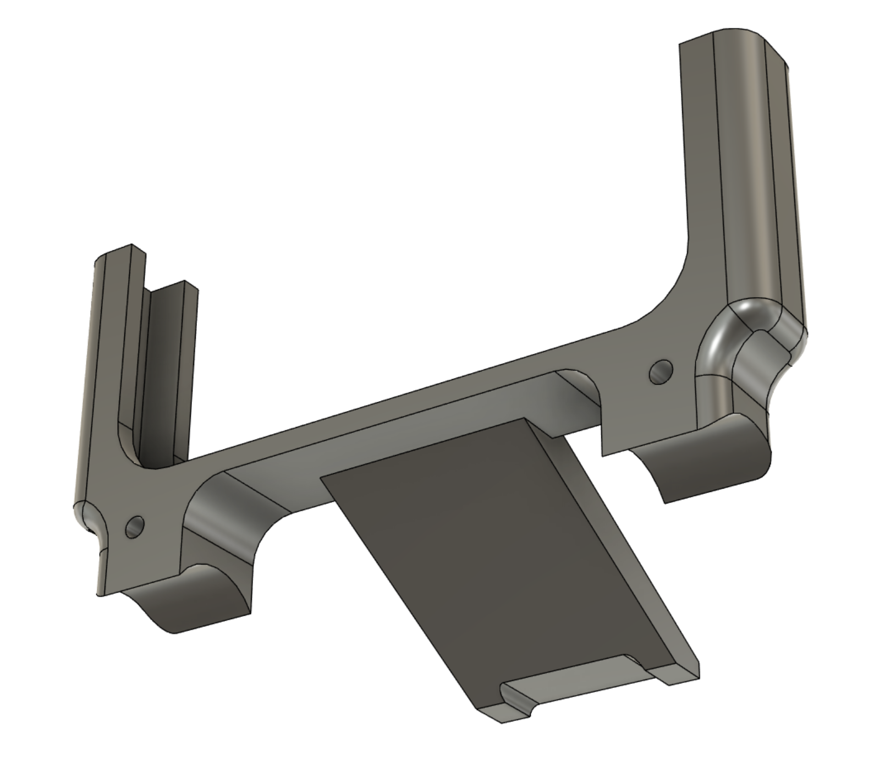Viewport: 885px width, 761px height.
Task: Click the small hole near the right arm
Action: [661, 373]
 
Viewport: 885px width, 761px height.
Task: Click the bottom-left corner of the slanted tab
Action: [479, 710]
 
